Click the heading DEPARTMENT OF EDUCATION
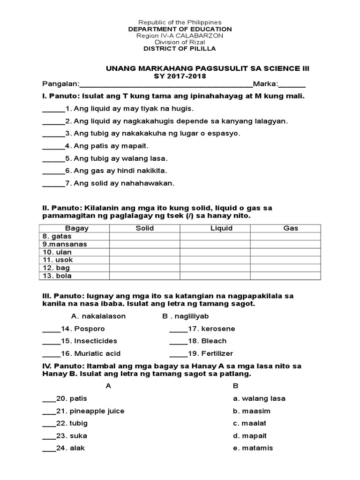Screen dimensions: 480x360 click(180, 29)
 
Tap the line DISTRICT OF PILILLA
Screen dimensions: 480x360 click(180, 49)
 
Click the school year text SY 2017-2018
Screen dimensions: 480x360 click(180, 76)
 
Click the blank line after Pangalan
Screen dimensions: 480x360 click(166, 85)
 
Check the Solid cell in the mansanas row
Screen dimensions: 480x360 click(144, 244)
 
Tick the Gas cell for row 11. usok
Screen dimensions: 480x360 click(285, 260)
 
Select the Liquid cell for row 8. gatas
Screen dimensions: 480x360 click(215, 236)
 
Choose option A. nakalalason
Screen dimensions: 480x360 click(98, 316)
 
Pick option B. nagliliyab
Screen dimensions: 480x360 click(186, 316)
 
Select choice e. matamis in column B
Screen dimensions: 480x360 click(253, 448)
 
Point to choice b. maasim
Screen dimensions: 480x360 click(252, 411)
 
